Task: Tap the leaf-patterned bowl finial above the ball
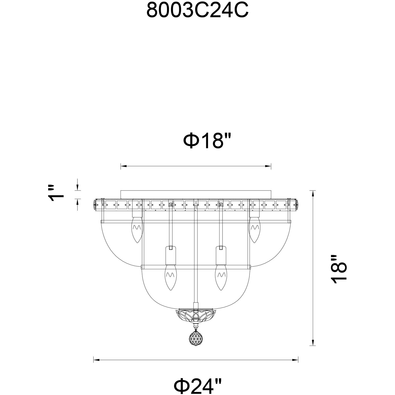(196, 316)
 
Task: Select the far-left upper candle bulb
(137, 229)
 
